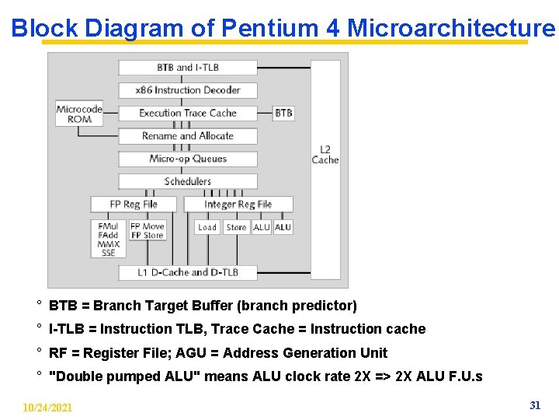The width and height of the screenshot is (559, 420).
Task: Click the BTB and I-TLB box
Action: pyautogui.click(x=188, y=68)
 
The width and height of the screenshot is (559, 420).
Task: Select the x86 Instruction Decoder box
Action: pyautogui.click(x=188, y=90)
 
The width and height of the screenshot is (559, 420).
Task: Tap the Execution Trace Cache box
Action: pyautogui.click(x=188, y=113)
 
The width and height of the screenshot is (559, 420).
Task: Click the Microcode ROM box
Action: pyautogui.click(x=79, y=114)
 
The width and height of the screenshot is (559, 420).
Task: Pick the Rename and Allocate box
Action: pyautogui.click(x=188, y=136)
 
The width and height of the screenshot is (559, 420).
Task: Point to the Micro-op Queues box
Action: pyautogui.click(x=188, y=159)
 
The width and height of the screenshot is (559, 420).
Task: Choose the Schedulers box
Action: pyautogui.click(x=188, y=181)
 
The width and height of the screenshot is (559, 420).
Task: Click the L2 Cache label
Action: pyautogui.click(x=325, y=155)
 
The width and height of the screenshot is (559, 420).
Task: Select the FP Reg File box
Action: pyautogui.click(x=134, y=205)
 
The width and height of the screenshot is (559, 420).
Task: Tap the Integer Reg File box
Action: pyautogui.click(x=238, y=205)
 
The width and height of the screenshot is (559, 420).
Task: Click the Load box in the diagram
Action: pyautogui.click(x=207, y=227)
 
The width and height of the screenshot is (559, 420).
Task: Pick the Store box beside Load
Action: pyautogui.click(x=236, y=227)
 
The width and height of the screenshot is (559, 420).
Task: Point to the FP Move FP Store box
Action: pyautogui.click(x=147, y=231)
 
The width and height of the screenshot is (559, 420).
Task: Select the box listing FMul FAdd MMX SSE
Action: pyautogui.click(x=108, y=239)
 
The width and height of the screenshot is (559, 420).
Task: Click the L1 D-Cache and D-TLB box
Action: pyautogui.click(x=188, y=272)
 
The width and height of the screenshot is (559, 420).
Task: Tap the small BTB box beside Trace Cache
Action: pyautogui.click(x=284, y=113)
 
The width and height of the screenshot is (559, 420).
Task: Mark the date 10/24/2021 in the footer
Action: pyautogui.click(x=47, y=408)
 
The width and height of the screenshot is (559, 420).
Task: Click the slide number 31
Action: pyautogui.click(x=534, y=405)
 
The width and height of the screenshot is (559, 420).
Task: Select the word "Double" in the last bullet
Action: pyautogui.click(x=75, y=376)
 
